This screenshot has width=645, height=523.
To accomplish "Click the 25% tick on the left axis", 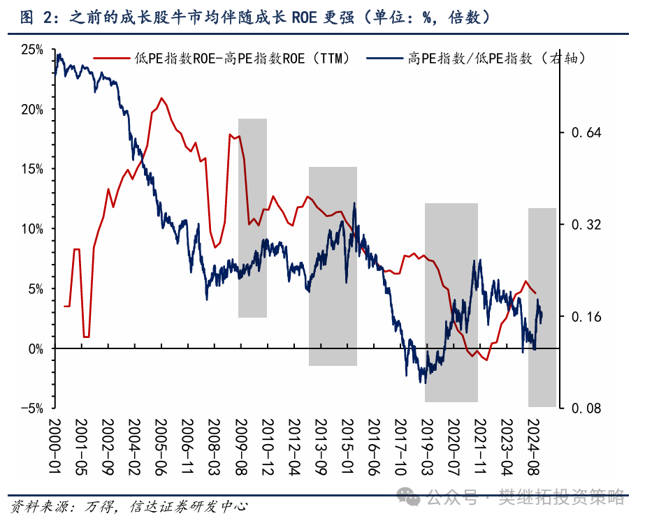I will [32, 50].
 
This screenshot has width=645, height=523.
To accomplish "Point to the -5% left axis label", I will [32, 408].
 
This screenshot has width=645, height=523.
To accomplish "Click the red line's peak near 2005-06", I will [161, 98].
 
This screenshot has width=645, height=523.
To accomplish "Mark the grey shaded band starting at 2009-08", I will [252, 218].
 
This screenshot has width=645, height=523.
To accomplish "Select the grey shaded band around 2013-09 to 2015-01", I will [333, 266].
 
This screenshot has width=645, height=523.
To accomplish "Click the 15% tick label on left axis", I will [32, 169].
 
